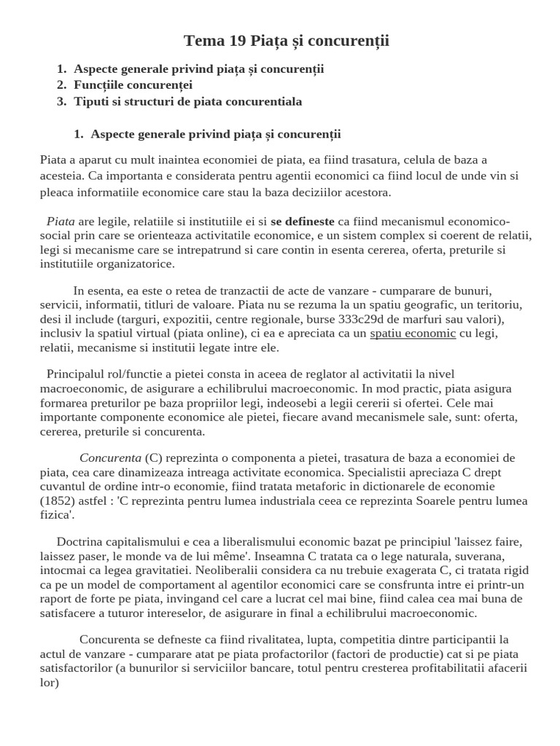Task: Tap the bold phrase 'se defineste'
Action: [x=303, y=221]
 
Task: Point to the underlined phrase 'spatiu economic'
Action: [x=413, y=334]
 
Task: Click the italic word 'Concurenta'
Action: [x=110, y=458]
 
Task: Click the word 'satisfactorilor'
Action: [x=78, y=668]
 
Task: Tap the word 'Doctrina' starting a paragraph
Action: [x=79, y=542]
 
